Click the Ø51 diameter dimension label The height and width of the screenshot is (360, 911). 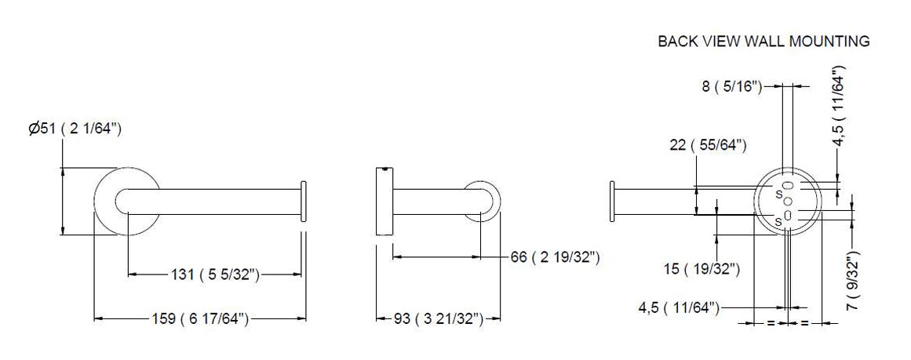point(75,129)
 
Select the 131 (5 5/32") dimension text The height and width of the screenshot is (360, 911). point(214,275)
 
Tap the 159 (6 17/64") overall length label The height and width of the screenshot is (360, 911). point(200,318)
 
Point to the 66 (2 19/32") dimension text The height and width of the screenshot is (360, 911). point(555,256)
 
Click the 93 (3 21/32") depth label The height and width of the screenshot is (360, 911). point(439,318)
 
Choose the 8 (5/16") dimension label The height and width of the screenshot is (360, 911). point(731,86)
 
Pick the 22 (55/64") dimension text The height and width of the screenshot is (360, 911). point(708,145)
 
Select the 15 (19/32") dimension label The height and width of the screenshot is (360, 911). point(701,269)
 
